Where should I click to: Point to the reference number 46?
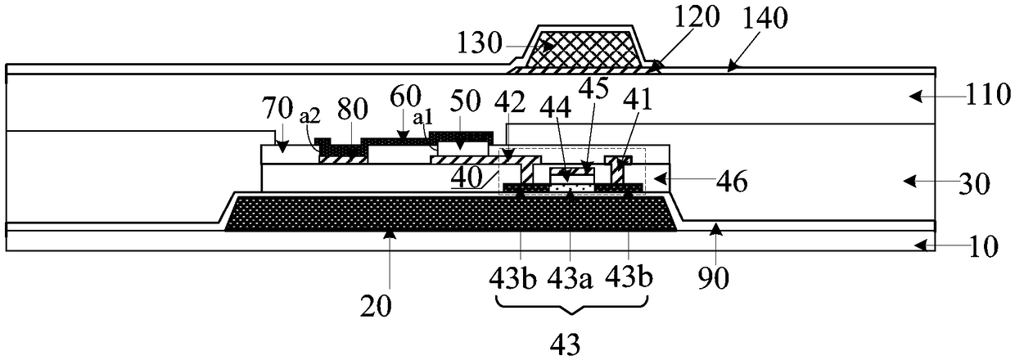tap(721, 182)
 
